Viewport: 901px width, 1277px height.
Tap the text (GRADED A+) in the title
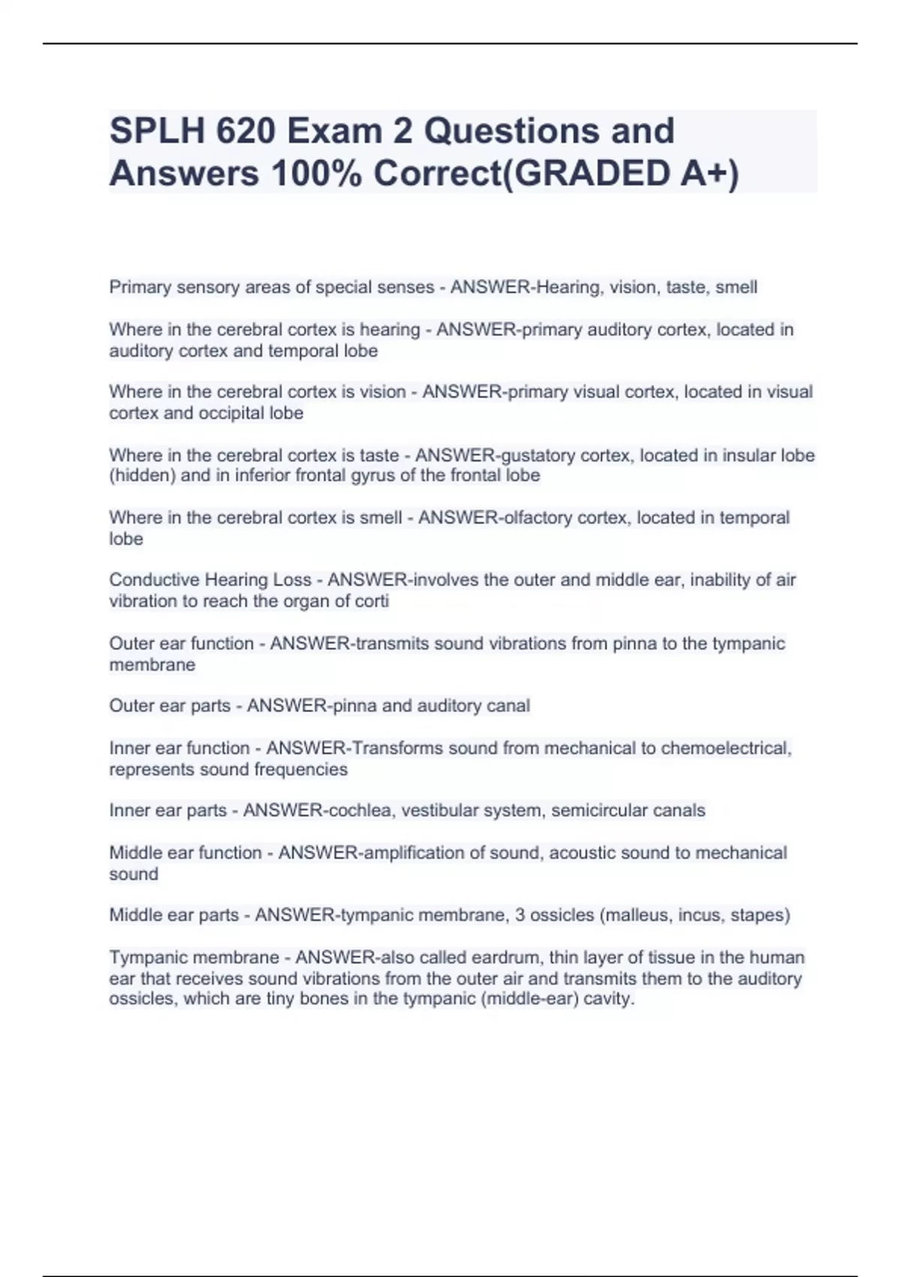tap(620, 174)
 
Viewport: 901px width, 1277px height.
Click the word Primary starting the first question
tap(140, 287)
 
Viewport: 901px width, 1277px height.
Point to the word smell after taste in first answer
tap(736, 287)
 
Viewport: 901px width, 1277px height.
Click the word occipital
tap(230, 413)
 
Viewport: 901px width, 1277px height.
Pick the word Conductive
tap(152, 580)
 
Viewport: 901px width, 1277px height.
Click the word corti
tap(373, 601)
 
